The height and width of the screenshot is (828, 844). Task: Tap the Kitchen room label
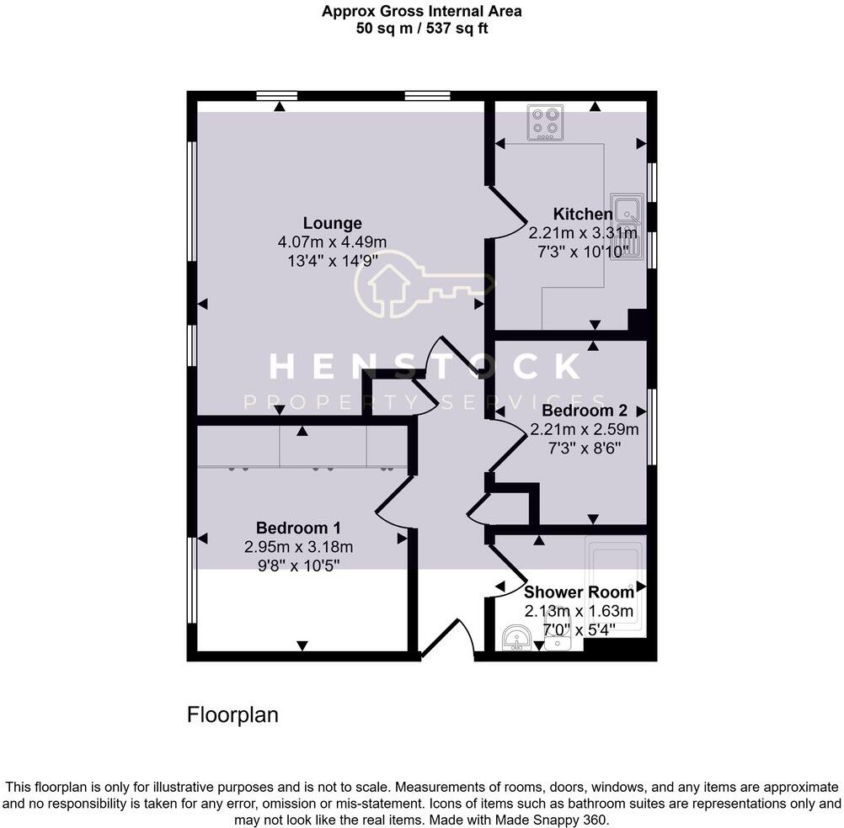click(582, 214)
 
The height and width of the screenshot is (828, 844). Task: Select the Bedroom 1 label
click(298, 528)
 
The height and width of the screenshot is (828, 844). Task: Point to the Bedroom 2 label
click(585, 411)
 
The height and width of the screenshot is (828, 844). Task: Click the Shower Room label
click(579, 592)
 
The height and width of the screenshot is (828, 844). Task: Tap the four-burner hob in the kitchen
click(545, 122)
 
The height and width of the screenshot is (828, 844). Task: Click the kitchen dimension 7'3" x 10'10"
click(582, 250)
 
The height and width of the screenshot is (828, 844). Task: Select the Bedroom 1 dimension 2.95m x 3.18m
click(298, 546)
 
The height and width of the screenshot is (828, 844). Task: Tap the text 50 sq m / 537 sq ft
click(421, 28)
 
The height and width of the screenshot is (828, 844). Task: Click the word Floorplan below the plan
click(232, 716)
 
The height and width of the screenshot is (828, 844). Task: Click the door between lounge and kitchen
click(507, 215)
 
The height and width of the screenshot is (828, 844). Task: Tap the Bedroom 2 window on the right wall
click(651, 426)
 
